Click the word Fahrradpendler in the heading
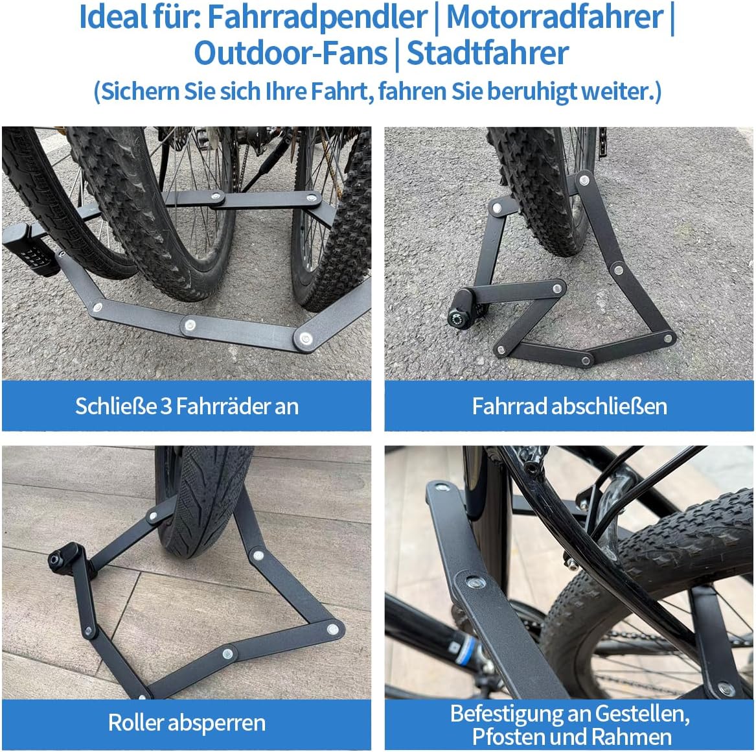pyautogui.click(x=317, y=18)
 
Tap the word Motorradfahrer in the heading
pyautogui.click(x=555, y=18)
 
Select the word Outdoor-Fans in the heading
pyautogui.click(x=291, y=53)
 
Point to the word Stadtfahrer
pyautogui.click(x=488, y=53)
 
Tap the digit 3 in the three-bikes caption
pyautogui.click(x=166, y=406)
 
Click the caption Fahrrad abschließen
pyautogui.click(x=569, y=406)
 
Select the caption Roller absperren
pyautogui.click(x=187, y=723)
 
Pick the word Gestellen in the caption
pyautogui.click(x=642, y=714)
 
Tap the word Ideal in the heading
pyautogui.click(x=113, y=18)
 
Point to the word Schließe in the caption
pyautogui.click(x=116, y=406)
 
